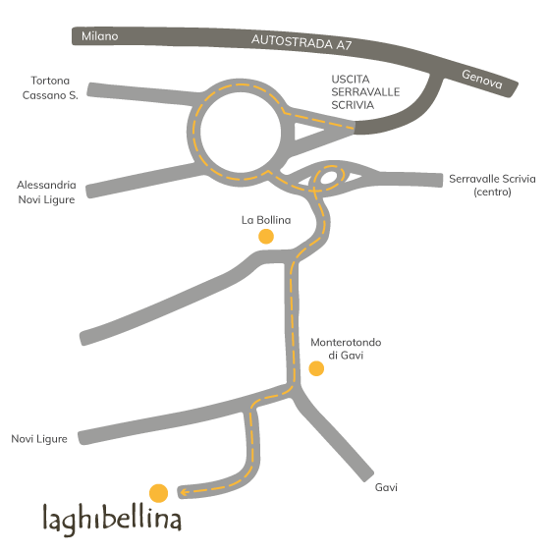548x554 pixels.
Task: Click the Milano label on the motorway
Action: [x=99, y=36]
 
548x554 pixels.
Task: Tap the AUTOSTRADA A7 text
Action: [x=301, y=42]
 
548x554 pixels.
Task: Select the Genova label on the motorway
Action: [x=482, y=80]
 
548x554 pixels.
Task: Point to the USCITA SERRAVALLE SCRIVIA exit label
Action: [x=365, y=92]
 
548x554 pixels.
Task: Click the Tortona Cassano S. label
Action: [x=50, y=88]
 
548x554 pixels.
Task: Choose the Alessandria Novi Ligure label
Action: [x=46, y=193]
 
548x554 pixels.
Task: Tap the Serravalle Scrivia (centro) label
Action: [x=492, y=185]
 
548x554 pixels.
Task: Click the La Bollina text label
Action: [x=266, y=220]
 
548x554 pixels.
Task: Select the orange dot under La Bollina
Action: [x=266, y=237]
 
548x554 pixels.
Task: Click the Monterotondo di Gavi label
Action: [x=346, y=349]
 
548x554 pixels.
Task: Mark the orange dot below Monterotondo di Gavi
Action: [x=316, y=368]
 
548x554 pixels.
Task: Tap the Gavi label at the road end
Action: [x=386, y=487]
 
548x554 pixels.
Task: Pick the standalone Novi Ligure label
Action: [x=39, y=439]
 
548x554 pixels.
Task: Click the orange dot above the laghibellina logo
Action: [x=159, y=493]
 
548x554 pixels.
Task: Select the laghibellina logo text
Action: [x=112, y=520]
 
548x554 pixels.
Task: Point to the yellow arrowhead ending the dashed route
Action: [x=184, y=492]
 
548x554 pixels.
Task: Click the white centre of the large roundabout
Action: [x=241, y=133]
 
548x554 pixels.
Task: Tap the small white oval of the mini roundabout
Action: [x=329, y=178]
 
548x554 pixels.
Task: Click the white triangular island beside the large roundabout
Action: [x=306, y=131]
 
